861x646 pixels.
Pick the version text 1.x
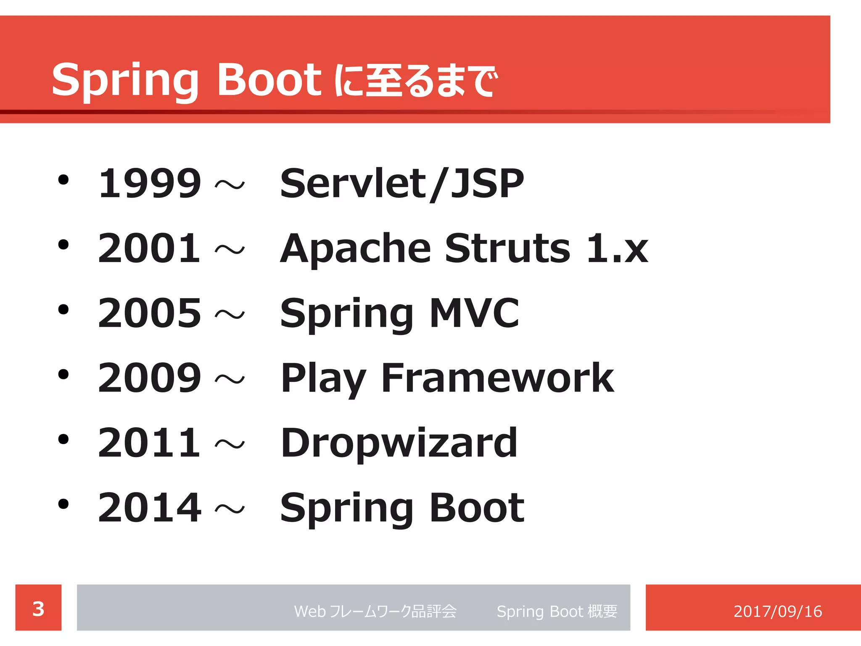coord(617,249)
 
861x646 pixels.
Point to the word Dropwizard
coord(399,443)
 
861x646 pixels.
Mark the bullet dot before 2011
coord(63,439)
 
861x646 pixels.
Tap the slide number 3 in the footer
coord(38,609)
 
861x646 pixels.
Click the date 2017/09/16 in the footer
coord(777,611)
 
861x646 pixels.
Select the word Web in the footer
coord(310,611)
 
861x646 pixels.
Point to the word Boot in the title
coord(269,79)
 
